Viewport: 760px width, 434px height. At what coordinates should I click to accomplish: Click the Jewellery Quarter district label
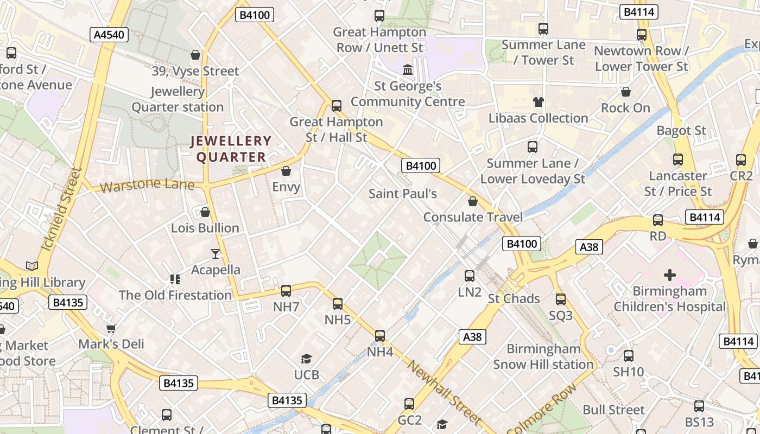coord(231,149)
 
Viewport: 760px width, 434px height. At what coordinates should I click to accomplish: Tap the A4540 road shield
coord(109,35)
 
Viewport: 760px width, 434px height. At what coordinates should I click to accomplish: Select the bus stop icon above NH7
coord(286,290)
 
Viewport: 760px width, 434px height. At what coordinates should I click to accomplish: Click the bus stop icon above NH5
coord(338,303)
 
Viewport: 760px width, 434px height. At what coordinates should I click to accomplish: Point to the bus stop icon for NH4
coord(380,336)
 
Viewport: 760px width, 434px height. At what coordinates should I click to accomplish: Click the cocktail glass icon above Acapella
coord(216,254)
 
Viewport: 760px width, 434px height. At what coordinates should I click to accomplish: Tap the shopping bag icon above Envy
coord(286,171)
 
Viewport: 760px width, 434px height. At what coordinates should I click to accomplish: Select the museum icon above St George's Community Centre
coord(407,69)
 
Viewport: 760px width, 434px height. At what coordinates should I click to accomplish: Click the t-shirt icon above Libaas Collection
coord(538,101)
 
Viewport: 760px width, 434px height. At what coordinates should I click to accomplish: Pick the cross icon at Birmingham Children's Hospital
coord(670,275)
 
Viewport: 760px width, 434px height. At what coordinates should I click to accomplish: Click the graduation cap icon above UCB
coord(306,359)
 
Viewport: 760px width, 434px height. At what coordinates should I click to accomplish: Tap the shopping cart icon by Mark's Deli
coord(111,328)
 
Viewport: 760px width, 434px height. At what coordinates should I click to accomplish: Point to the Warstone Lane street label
coord(147,185)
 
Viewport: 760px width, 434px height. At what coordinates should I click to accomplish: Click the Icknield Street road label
coord(61,209)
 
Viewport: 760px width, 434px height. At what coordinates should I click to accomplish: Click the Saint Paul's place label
coord(402,194)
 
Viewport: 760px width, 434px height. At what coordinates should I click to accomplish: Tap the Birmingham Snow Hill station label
coord(543,356)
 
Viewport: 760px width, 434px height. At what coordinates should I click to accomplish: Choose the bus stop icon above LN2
coord(470,276)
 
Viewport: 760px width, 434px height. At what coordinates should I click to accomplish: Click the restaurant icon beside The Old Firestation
coord(175,279)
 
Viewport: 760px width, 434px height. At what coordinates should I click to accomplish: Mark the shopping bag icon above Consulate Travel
coord(473,201)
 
